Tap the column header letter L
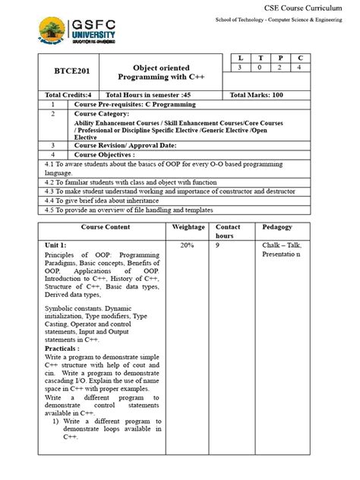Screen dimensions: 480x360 pos(242,58)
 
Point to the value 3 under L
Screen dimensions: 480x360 pos(242,68)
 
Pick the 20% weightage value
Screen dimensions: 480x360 pos(187,245)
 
